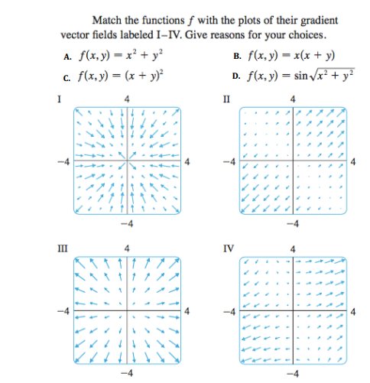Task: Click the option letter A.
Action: pyautogui.click(x=69, y=56)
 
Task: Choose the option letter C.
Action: pyautogui.click(x=69, y=74)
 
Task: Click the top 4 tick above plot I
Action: pyautogui.click(x=127, y=98)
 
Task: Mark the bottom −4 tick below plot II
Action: pyautogui.click(x=293, y=223)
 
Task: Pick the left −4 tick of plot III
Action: pyautogui.click(x=66, y=311)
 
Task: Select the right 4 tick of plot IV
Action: pyautogui.click(x=353, y=311)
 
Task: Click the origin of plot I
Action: pyautogui.click(x=127, y=161)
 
